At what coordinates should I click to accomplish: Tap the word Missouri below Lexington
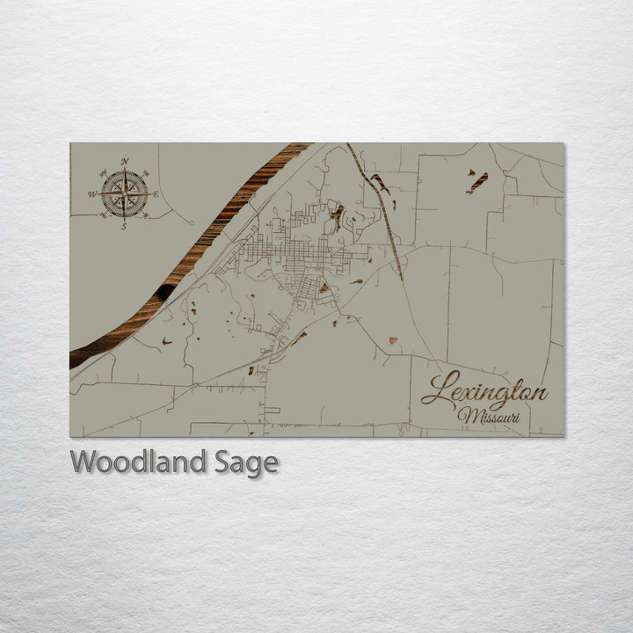coord(494,415)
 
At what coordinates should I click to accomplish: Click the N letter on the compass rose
coord(125,162)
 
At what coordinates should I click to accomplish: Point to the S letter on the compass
coord(124,226)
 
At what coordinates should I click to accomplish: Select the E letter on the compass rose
coord(156,194)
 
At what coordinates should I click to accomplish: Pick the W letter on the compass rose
coord(92,194)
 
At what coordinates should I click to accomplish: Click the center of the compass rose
coord(124,194)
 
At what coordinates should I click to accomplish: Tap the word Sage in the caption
coord(246,462)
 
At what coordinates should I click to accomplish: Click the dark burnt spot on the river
coord(165,291)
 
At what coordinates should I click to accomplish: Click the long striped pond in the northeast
coord(477,182)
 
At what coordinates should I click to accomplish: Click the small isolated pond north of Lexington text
coord(392,340)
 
